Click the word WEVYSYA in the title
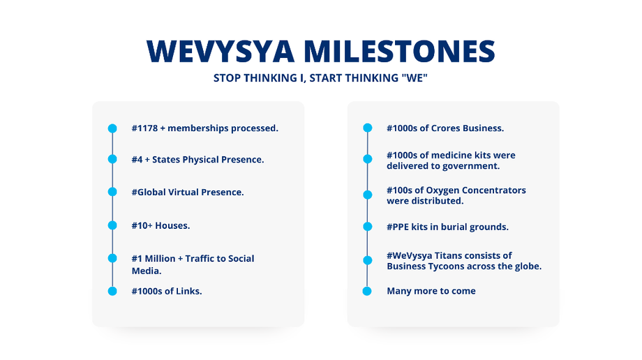[221, 52]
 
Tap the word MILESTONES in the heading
[400, 52]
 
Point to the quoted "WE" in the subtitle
[415, 77]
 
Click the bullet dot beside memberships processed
[112, 128]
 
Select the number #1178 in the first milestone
[144, 128]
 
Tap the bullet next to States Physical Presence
[112, 159]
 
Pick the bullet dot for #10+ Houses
[112, 225]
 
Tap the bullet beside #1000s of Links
[112, 291]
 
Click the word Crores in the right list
[445, 128]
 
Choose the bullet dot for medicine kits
[368, 159]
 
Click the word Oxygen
[441, 190]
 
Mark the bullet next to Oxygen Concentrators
[368, 195]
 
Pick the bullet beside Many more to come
[367, 291]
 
